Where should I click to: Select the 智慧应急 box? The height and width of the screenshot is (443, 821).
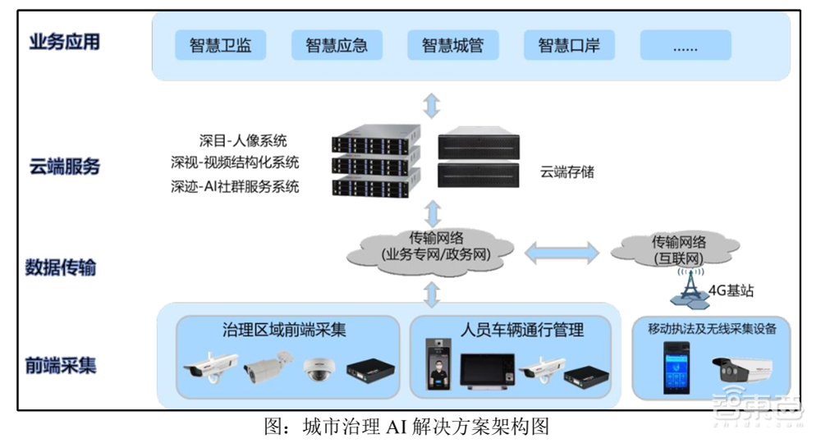pos(337,46)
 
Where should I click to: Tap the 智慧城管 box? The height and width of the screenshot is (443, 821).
pos(452,46)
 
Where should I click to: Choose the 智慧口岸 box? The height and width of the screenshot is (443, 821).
pos(569,46)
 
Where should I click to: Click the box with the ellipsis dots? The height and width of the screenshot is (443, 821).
pos(685,46)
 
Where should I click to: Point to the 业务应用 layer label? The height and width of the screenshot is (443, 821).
pos(64,42)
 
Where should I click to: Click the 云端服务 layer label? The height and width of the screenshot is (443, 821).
pos(64,167)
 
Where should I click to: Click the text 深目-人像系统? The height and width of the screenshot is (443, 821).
pos(243,141)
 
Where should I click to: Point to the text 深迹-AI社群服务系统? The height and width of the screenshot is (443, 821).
pos(235,187)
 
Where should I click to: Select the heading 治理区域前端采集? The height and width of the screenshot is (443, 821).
pos(284,331)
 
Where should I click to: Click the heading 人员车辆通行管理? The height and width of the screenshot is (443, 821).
pos(523,331)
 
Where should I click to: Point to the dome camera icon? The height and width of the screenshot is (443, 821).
pos(318,370)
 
